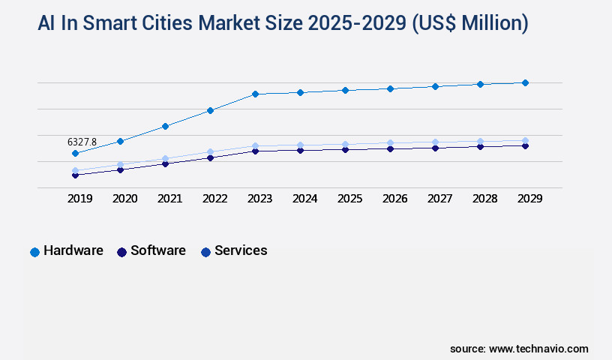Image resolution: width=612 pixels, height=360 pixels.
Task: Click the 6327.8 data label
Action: (x=82, y=142)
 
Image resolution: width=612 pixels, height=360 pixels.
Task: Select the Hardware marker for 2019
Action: (x=75, y=154)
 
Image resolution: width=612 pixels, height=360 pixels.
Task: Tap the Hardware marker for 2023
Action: (x=255, y=94)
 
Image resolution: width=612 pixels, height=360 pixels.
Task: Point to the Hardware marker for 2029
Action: (x=525, y=82)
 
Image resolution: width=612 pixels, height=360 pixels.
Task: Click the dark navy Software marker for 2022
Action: (x=210, y=158)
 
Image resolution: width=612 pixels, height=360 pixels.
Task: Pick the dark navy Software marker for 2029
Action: (x=525, y=145)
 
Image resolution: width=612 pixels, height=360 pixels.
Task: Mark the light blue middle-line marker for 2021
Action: (x=165, y=159)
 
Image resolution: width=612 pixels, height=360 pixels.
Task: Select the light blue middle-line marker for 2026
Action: (x=390, y=142)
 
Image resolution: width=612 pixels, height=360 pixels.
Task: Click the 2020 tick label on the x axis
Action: (x=124, y=199)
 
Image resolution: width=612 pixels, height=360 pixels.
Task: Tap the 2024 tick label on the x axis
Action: (x=304, y=199)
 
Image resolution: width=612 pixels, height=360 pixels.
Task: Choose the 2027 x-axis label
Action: (x=439, y=199)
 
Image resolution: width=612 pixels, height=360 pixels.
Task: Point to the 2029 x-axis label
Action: (x=529, y=199)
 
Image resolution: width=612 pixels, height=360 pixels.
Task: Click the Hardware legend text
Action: (x=73, y=250)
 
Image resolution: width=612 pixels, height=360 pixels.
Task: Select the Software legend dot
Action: (x=121, y=252)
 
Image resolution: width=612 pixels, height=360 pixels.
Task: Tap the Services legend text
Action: (x=241, y=250)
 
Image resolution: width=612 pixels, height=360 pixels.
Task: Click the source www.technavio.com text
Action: (x=519, y=349)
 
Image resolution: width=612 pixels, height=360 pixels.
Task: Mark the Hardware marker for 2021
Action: (x=165, y=126)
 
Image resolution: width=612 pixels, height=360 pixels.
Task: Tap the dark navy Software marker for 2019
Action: (x=75, y=175)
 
